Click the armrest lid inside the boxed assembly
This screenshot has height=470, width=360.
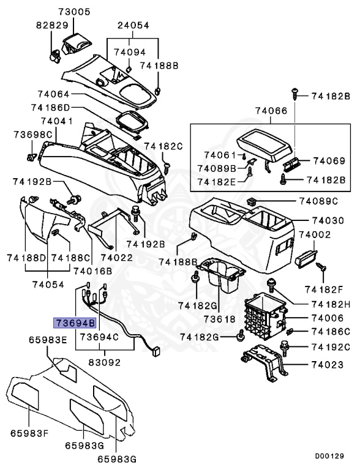click(x=263, y=143)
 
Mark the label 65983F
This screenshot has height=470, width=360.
click(x=27, y=433)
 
